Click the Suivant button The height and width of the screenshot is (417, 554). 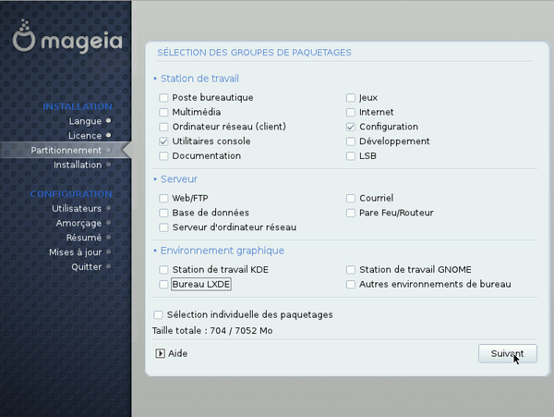coord(507,353)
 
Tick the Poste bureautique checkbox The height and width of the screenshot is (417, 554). coord(163,98)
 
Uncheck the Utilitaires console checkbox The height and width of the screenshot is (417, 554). coord(163,141)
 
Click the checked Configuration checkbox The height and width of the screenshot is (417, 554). coord(351,127)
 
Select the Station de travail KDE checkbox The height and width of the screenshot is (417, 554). coord(163,270)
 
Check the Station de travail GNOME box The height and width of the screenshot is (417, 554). coord(351,270)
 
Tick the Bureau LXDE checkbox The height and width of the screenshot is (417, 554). coord(163,285)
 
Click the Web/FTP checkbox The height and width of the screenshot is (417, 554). coord(163,199)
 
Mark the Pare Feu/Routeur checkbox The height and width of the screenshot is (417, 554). coord(351,213)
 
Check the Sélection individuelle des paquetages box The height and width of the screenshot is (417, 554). coord(158,314)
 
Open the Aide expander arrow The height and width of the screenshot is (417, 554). coord(160,353)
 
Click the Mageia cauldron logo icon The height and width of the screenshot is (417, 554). coord(24,36)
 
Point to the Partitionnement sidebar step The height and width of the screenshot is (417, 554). coord(66,151)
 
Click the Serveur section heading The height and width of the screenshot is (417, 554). coord(179,179)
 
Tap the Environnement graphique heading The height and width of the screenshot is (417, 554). coord(223,251)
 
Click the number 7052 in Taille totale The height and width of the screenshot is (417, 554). coord(246,331)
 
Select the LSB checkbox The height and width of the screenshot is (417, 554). coord(351,156)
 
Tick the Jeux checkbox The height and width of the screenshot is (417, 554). coord(351,98)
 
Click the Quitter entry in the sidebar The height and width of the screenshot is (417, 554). coord(87,266)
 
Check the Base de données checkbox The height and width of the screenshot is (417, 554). coord(163,213)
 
